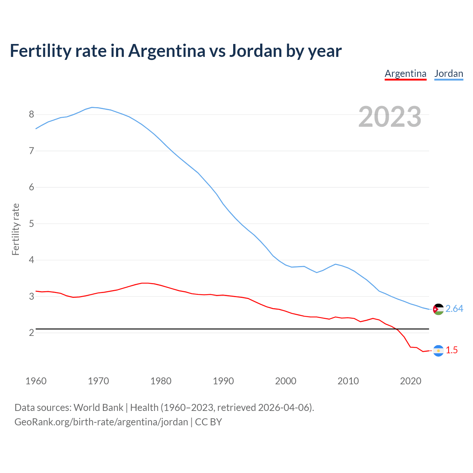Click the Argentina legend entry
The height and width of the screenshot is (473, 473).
pos(405,74)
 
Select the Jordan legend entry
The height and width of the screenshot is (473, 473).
pos(449,74)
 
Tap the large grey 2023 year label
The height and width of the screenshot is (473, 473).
pos(390,117)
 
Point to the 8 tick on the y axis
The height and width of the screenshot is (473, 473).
pos(31,115)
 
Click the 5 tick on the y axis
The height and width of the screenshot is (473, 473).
pos(31,224)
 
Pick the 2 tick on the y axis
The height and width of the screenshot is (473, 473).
pos(31,333)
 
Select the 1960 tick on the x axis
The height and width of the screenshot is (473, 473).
pos(36,381)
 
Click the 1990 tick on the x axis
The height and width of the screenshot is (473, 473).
pos(223,381)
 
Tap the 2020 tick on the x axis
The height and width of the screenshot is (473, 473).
pos(411,381)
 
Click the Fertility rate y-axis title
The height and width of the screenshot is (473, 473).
pos(16,229)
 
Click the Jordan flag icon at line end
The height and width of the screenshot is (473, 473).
pos(438,309)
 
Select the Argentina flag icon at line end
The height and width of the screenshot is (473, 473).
pos(438,351)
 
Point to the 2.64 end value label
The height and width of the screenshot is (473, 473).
pos(454,309)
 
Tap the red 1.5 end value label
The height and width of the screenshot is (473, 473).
pos(452,350)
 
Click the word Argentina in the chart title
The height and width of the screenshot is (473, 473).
pos(167,51)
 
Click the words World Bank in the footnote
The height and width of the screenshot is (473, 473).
pos(98,408)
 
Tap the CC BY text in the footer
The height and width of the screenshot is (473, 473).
pos(208,422)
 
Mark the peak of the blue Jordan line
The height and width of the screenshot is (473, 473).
pos(92,107)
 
